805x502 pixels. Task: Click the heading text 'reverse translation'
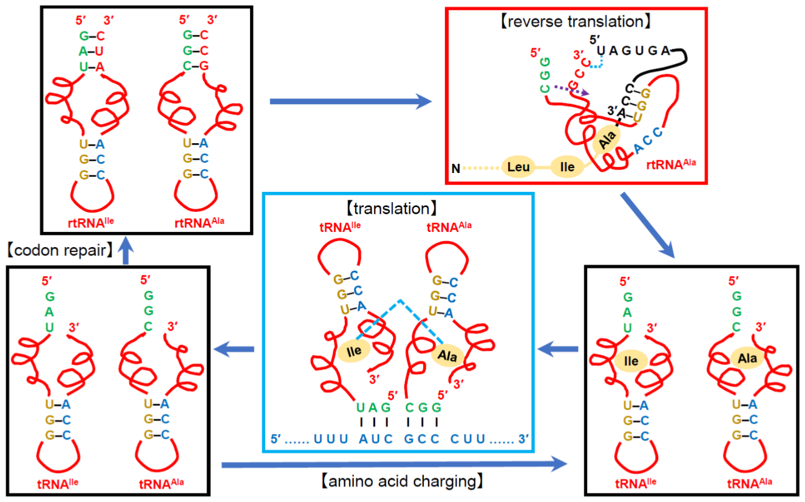(576, 22)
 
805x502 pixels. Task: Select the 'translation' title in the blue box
(392, 209)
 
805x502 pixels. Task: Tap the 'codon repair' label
(59, 251)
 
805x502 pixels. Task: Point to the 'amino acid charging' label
(402, 481)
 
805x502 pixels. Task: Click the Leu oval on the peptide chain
(518, 167)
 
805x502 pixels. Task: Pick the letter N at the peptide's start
(456, 168)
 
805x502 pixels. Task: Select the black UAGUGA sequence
(633, 50)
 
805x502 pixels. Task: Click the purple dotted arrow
(571, 90)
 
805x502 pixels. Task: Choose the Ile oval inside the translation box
(354, 351)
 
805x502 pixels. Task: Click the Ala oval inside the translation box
(447, 355)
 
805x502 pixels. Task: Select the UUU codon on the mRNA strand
(331, 439)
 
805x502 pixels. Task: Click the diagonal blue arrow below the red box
(648, 225)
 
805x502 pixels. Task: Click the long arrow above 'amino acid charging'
(394, 464)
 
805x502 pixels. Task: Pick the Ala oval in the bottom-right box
(747, 358)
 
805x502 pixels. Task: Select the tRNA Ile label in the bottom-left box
(58, 484)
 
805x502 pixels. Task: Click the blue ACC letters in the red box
(648, 140)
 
